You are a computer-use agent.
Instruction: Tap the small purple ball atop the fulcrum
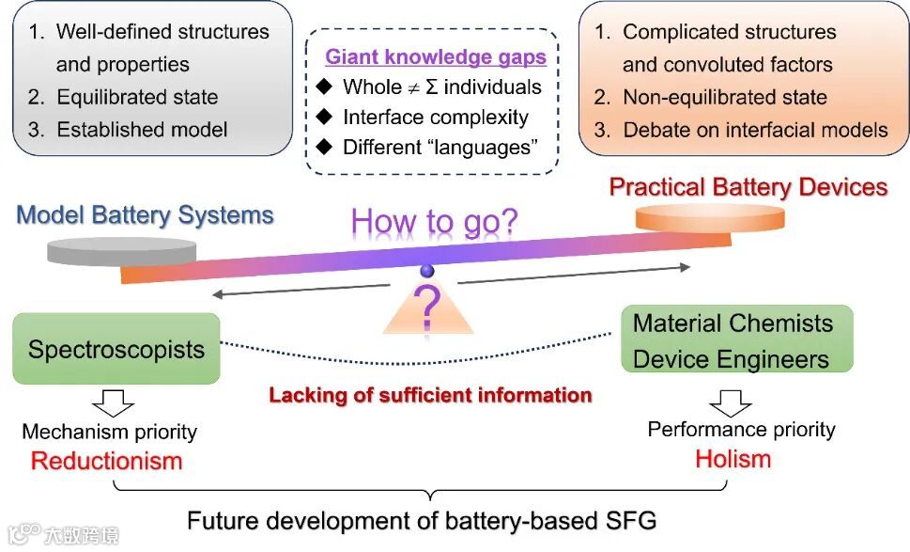(427, 272)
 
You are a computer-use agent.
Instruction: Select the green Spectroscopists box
(116, 350)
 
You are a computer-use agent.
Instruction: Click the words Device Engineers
(731, 359)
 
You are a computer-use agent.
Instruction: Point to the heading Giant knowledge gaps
(436, 57)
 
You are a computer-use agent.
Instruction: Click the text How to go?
(434, 223)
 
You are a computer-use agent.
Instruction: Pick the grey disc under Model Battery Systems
(121, 252)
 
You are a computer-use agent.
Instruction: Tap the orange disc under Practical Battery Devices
(685, 220)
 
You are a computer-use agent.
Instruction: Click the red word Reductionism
(106, 461)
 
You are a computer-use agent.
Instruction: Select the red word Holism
(733, 459)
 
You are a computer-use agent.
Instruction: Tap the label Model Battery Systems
(146, 214)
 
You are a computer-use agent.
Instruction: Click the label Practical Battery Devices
(748, 187)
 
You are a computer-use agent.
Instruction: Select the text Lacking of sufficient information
(430, 395)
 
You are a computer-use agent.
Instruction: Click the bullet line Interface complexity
(435, 118)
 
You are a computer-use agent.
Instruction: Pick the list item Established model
(142, 130)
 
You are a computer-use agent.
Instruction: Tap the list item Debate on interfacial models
(755, 130)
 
